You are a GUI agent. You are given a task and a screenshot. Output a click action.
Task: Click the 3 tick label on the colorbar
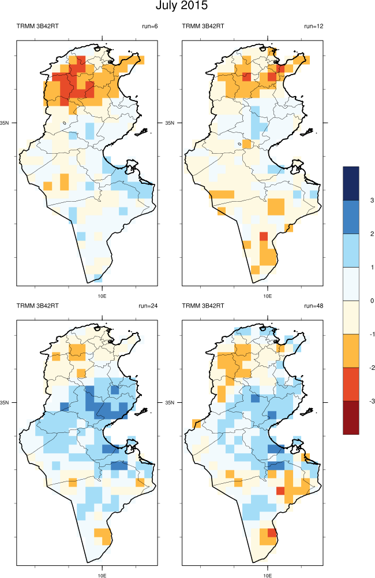373,200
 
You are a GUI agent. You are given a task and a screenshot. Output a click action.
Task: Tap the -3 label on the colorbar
372,401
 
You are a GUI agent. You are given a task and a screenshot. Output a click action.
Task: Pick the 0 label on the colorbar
373,301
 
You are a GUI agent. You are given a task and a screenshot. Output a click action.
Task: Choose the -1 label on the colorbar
372,334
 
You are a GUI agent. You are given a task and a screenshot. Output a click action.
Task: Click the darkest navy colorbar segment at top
351,183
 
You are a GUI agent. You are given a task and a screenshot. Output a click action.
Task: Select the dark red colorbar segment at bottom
351,417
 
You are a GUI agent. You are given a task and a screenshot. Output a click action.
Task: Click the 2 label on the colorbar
373,234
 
